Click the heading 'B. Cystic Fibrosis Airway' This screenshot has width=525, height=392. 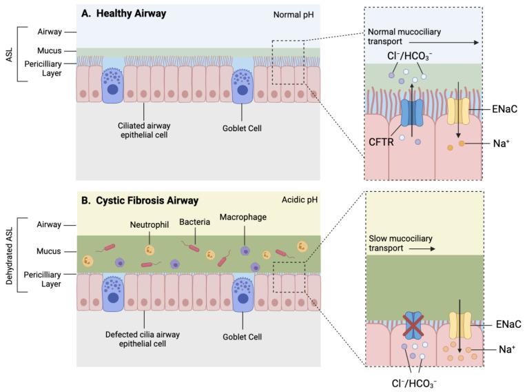point(140,201)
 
